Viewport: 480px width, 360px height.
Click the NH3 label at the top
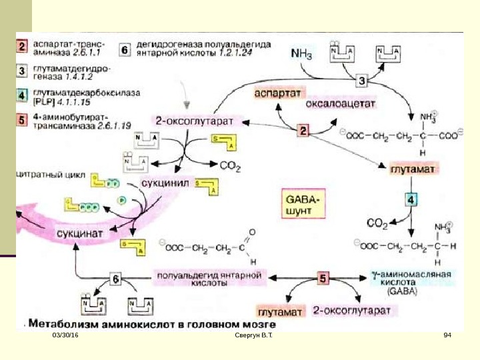pos(301,53)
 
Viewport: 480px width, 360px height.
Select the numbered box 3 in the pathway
pos(362,81)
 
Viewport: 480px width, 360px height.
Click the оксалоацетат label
pos(341,104)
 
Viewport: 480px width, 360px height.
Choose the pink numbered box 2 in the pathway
pos(303,131)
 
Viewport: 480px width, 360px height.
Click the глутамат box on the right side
pos(413,170)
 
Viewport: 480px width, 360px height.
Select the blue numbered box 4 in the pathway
pos(413,199)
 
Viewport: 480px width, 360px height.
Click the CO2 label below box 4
pos(378,223)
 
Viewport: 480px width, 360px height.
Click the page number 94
pos(447,342)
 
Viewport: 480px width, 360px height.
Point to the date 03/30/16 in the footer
pos(65,342)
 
